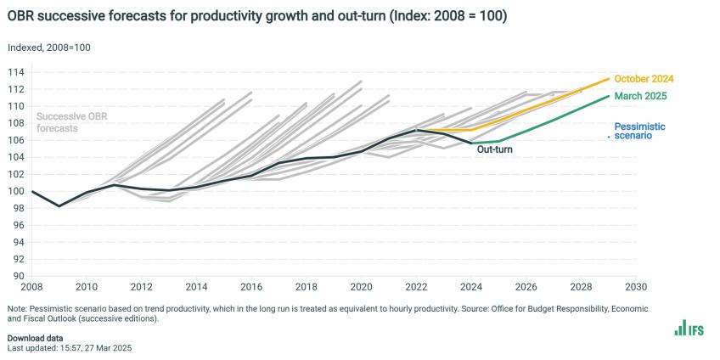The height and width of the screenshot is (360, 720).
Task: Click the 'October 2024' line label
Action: [644, 79]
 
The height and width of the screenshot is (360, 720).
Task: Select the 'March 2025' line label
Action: [640, 96]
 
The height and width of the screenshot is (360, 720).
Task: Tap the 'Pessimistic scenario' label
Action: [639, 131]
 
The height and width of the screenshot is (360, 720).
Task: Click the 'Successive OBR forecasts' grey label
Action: [72, 123]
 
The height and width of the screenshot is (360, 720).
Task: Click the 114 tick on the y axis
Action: [17, 72]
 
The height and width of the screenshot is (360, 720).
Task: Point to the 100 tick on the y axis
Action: [17, 191]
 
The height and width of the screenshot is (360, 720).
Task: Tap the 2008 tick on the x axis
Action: [32, 288]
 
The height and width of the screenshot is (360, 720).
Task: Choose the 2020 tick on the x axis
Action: [362, 288]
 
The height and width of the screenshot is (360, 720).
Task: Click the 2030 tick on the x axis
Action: [636, 288]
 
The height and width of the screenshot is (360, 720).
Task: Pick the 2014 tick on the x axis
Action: [197, 288]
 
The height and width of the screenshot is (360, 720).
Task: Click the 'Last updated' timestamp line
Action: [70, 348]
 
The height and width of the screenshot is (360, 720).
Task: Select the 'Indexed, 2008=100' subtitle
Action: [48, 48]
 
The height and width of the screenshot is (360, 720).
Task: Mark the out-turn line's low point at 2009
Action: [59, 205]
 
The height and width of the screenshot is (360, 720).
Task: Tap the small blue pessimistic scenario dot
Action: [609, 136]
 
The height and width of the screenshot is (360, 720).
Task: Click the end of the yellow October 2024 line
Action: [609, 78]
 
